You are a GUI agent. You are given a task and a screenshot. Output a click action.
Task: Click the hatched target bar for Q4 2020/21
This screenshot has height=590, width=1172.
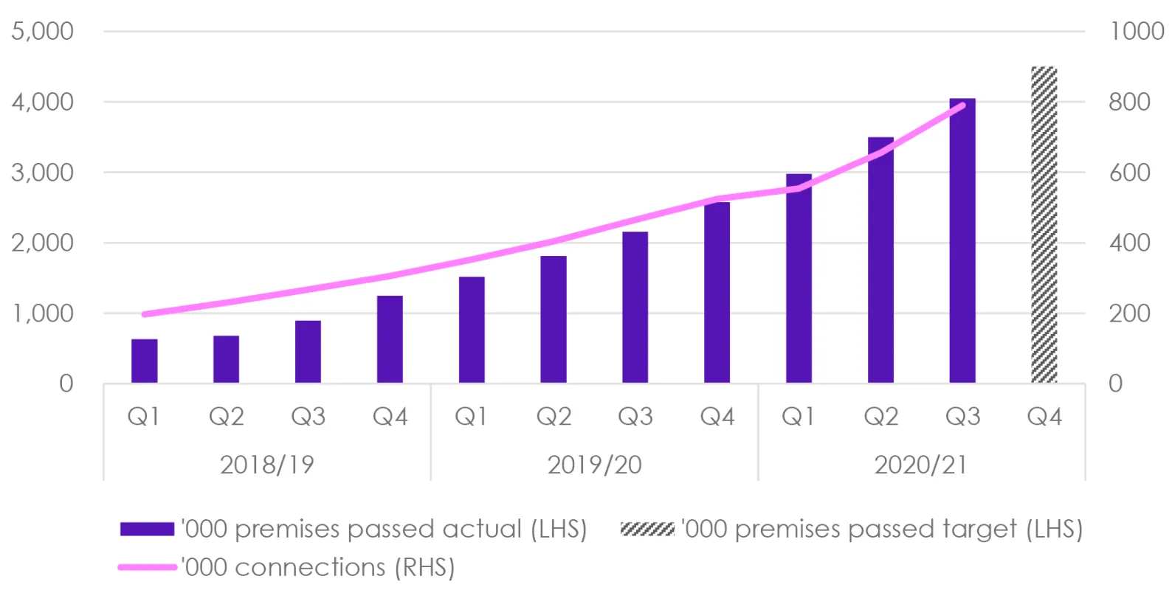1044,225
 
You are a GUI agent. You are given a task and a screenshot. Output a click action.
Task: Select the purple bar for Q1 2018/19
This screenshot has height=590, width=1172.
145,361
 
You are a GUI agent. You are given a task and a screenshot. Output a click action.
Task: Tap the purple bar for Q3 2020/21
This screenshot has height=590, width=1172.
962,240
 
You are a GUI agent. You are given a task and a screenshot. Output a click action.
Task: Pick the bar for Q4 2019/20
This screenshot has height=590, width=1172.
717,292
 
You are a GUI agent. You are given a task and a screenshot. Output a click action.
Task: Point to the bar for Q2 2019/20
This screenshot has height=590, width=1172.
554,319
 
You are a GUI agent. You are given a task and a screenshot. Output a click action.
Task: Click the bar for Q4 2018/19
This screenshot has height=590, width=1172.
390,339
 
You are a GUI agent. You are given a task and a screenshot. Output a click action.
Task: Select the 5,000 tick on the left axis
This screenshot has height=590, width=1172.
42,31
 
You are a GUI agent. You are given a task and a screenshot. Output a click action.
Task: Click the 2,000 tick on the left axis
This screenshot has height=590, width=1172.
42,243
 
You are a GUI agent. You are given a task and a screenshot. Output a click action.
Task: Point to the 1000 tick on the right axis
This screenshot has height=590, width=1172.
1137,31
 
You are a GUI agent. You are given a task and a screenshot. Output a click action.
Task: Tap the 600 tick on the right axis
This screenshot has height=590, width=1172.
1129,173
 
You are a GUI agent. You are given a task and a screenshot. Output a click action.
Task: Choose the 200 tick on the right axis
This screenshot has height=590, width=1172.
1129,313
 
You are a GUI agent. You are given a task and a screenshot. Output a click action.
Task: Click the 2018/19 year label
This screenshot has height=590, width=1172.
266,465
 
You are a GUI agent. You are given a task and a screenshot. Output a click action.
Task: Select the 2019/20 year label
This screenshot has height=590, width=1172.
594,465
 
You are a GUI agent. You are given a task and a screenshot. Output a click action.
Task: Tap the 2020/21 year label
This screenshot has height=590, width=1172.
920,465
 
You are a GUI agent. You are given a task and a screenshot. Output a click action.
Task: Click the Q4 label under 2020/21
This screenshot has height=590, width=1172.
1044,417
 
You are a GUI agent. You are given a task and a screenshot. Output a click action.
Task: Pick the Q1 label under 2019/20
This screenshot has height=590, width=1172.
471,417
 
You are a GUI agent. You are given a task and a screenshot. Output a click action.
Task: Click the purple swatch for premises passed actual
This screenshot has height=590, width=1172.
147,529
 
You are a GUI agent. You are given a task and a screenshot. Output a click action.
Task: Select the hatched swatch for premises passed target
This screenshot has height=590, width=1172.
647,529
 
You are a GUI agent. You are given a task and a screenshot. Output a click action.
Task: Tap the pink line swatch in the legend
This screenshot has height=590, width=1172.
147,567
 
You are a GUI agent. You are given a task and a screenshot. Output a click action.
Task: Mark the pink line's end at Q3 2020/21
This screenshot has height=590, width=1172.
962,105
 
